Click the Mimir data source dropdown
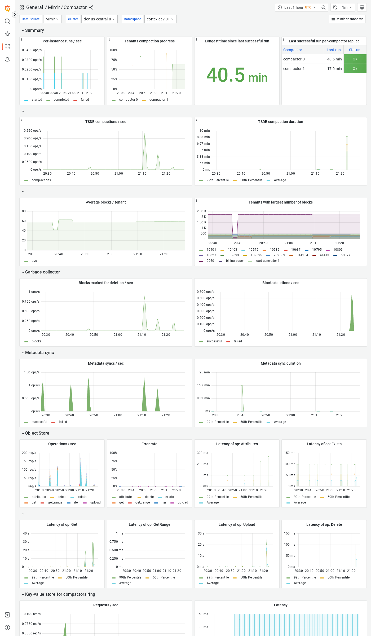coord(52,19)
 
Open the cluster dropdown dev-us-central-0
coord(99,19)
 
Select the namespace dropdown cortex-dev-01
coord(160,19)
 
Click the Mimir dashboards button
coord(347,19)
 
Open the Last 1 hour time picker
coord(297,7)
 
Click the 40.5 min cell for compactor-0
coord(334,59)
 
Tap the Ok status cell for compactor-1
coord(355,69)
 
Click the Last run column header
coord(333,50)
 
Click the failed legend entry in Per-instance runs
coord(85,100)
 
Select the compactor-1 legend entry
coord(158,100)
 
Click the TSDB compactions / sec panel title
coord(105,122)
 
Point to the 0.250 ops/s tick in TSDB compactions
coord(33,131)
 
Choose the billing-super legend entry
coord(235,261)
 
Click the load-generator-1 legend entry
coord(267,261)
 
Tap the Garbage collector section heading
coord(42,272)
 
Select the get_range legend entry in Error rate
coord(142,502)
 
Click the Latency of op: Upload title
coord(237,524)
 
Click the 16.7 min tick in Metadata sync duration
coord(203,385)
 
